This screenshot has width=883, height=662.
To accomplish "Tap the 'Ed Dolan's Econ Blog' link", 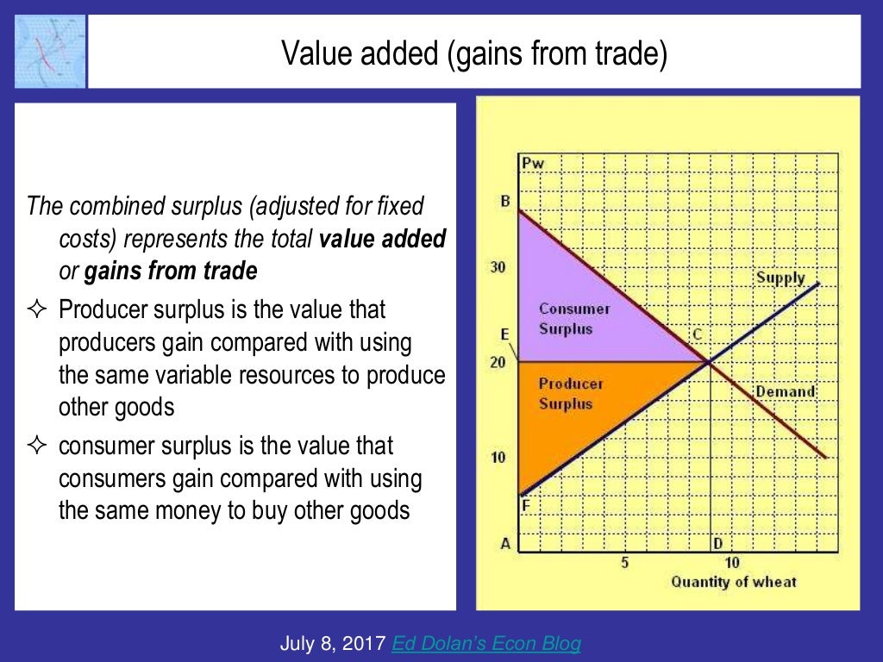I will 486,643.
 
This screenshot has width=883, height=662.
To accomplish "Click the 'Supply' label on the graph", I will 780,278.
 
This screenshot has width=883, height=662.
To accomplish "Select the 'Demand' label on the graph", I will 785,391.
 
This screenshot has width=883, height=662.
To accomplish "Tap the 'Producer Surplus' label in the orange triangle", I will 571,393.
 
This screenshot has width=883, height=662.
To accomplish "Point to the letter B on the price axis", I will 506,202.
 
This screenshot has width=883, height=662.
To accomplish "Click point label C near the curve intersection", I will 697,334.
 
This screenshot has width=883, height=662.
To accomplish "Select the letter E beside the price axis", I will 505,334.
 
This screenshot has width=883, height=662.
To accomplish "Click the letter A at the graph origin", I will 506,543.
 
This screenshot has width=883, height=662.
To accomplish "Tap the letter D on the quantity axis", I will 717,543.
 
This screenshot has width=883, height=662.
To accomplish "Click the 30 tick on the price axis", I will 498,267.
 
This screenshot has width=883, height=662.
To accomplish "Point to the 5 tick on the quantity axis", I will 624,563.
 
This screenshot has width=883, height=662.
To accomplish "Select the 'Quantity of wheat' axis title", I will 734,582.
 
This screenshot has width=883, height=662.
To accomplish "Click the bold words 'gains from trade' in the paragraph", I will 171,272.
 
